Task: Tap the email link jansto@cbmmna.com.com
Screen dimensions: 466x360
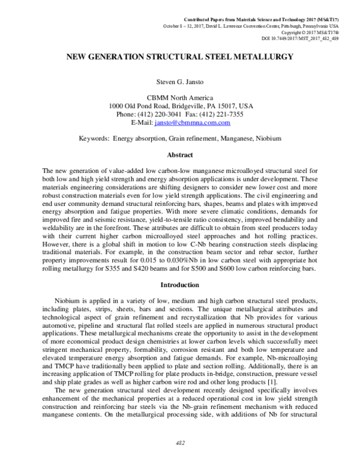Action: (192, 123)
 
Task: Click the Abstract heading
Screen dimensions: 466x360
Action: (179, 154)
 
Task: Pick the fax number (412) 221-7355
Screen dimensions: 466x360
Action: (221, 114)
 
